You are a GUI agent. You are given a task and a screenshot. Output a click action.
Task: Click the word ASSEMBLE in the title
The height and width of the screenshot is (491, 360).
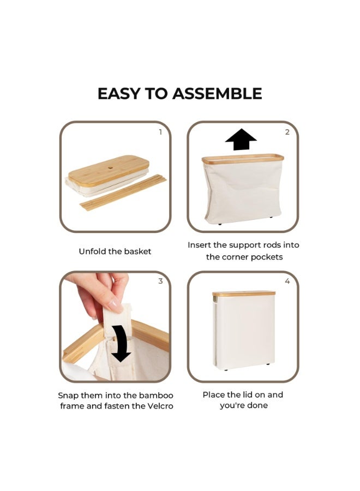[x=217, y=93]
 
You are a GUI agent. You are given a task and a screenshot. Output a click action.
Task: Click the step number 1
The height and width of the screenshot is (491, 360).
[x=160, y=132]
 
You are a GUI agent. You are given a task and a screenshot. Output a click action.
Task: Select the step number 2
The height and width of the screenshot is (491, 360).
[x=287, y=132]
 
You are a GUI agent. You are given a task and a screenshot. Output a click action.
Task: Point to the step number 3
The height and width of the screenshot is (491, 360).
[x=160, y=281]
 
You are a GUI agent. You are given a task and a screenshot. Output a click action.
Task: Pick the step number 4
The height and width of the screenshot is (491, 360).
[x=287, y=281]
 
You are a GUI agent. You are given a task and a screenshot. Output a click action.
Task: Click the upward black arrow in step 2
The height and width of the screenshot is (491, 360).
[x=241, y=139]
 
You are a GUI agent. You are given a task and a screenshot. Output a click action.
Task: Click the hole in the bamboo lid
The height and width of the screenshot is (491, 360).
[x=111, y=168]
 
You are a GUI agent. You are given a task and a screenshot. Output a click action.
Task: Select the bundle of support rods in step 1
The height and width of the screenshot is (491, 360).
[x=123, y=193]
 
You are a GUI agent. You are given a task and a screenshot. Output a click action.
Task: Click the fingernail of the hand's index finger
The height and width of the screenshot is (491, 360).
[x=115, y=306]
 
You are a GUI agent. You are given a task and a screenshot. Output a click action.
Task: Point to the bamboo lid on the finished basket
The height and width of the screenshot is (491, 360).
[x=244, y=294]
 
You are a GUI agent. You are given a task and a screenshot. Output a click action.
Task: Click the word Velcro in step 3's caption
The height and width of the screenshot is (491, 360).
[x=160, y=406]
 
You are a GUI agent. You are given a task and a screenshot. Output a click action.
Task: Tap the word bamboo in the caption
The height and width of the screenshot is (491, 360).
[x=156, y=396]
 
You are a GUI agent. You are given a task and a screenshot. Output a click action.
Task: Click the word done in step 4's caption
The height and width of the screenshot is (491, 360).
[x=258, y=405]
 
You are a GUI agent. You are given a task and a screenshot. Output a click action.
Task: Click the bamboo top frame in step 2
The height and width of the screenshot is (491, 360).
[x=243, y=159]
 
